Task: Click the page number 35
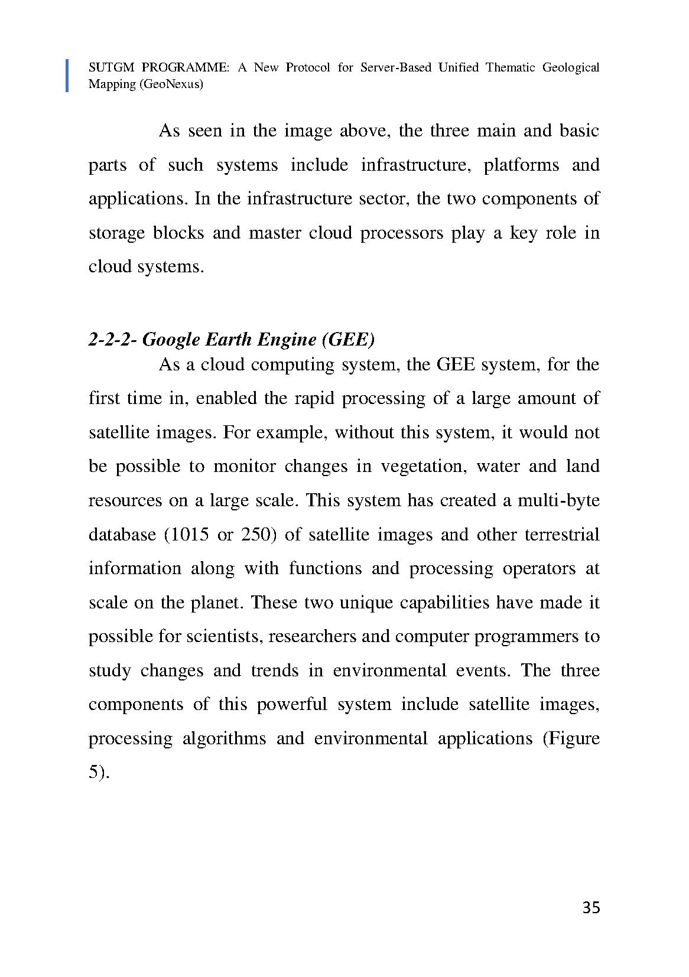591,907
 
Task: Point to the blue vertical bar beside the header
67,75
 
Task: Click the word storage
116,233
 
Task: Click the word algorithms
224,739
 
